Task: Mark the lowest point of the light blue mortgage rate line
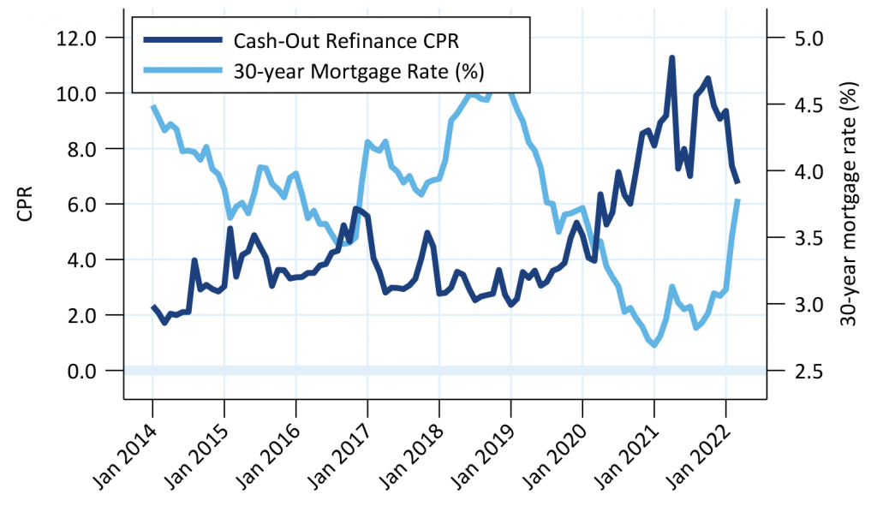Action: tap(654, 345)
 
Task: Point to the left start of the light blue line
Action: tap(152, 106)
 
